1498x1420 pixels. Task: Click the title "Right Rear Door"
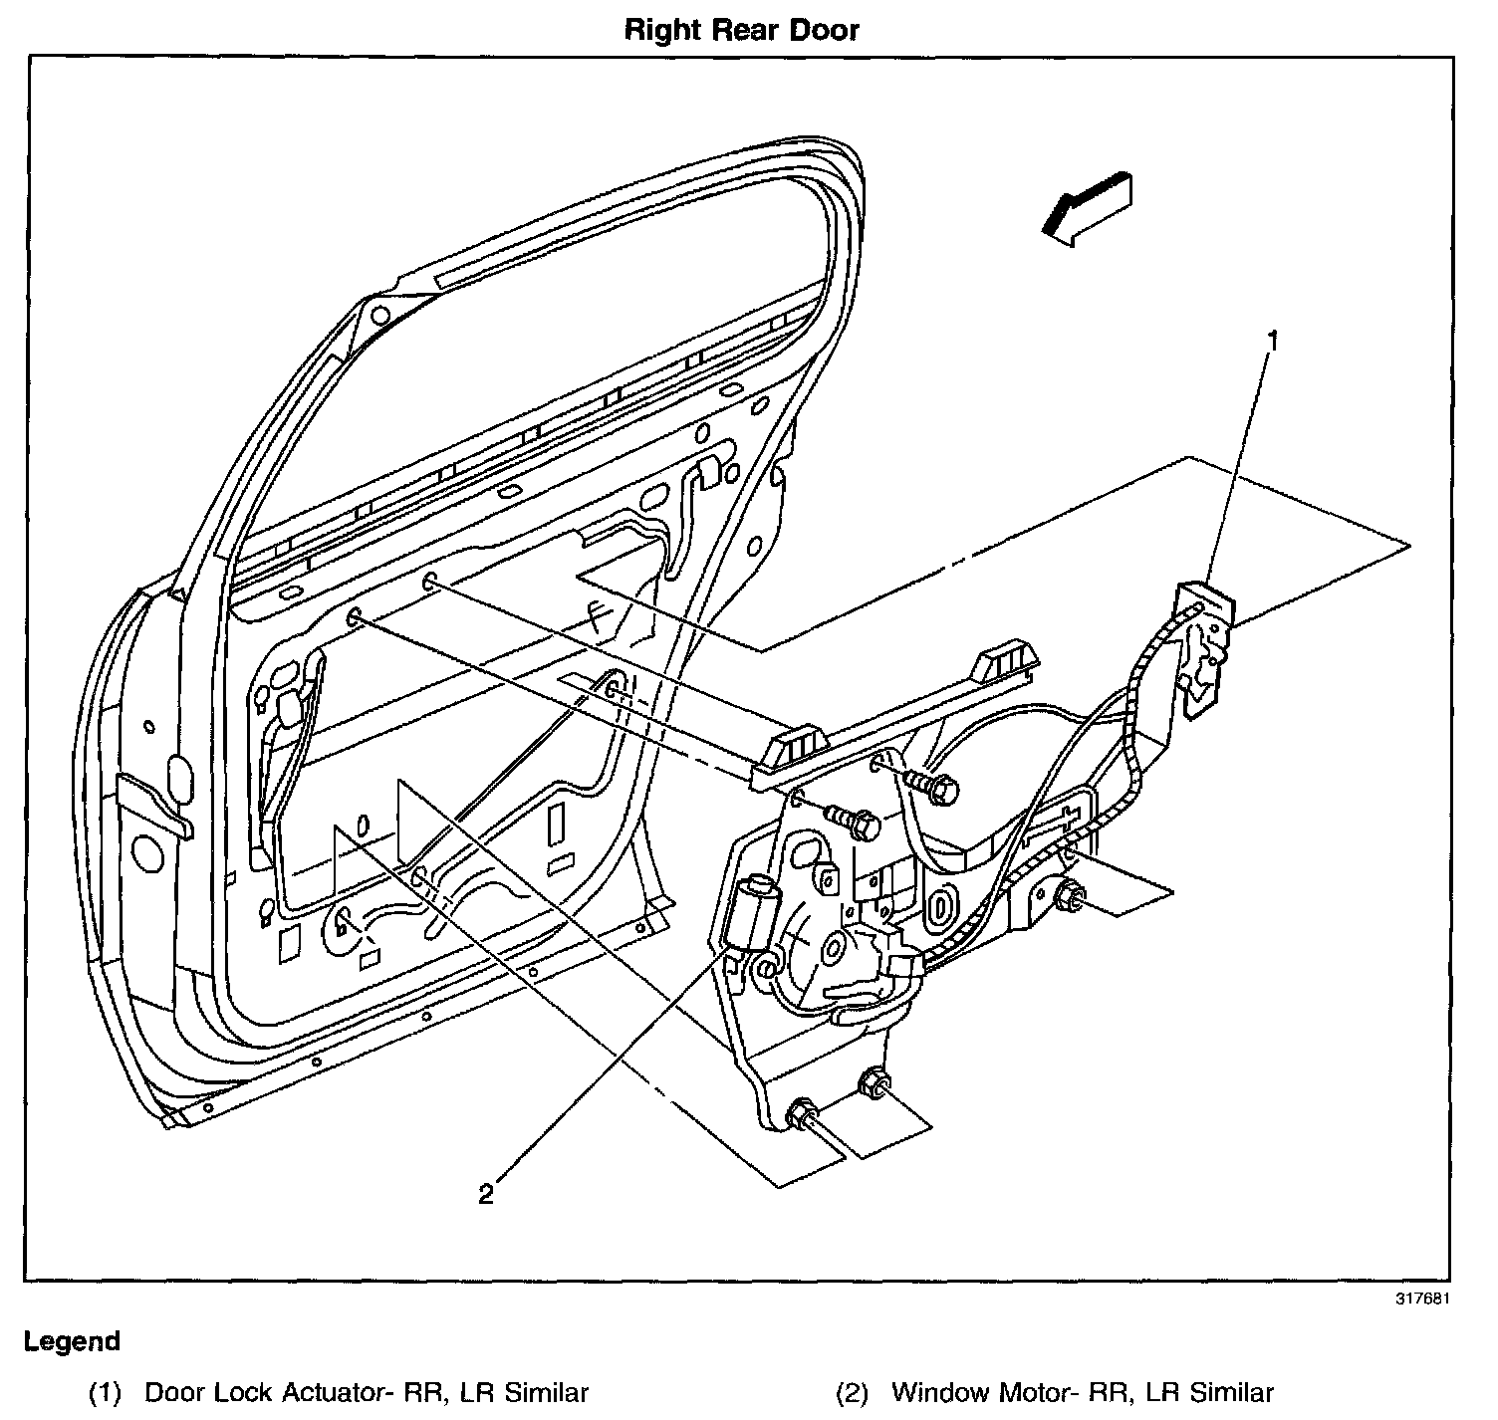pos(741,30)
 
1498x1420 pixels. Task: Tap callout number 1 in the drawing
pos(1271,341)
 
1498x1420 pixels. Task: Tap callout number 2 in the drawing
pos(486,1193)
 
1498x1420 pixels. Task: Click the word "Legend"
pos(72,1341)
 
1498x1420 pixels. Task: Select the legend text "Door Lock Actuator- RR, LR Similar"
pos(367,1392)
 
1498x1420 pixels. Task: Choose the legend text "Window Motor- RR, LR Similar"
pos(1083,1392)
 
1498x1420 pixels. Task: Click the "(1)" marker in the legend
pos(105,1392)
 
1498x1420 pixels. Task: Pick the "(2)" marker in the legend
pos(851,1392)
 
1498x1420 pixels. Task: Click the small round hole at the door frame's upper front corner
pos(379,317)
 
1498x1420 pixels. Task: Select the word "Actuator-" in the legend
pos(329,1392)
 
